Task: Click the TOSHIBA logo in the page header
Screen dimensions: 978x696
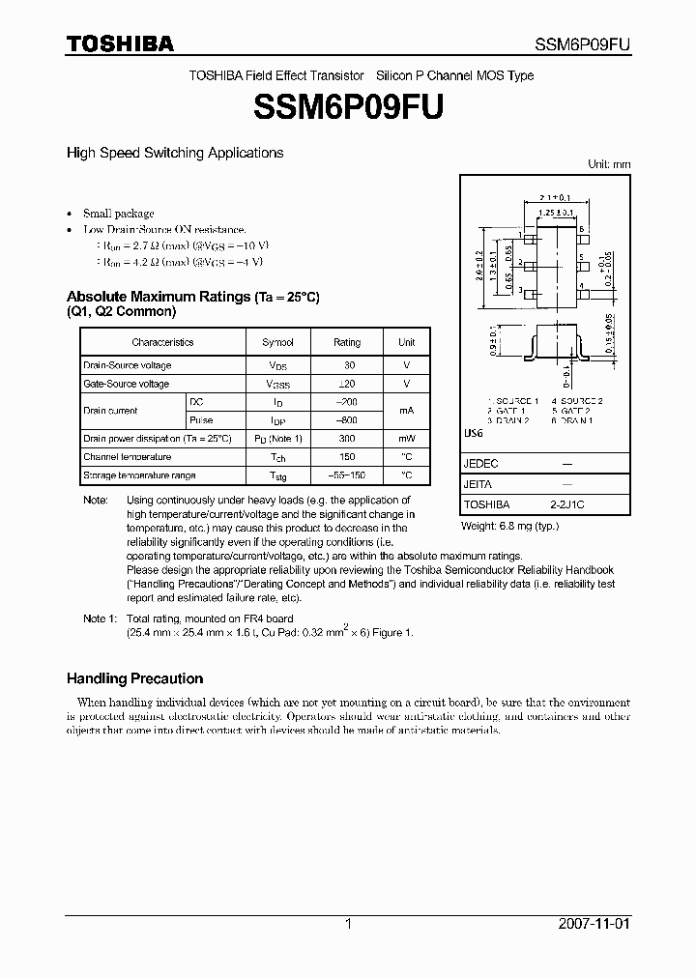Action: (x=120, y=43)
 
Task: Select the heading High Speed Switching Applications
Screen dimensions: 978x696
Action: (x=174, y=153)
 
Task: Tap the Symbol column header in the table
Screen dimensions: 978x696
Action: (x=277, y=342)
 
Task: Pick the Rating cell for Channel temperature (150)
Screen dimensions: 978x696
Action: (x=346, y=457)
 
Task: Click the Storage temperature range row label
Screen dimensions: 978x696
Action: (x=139, y=475)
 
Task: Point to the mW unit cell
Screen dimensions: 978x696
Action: (x=406, y=439)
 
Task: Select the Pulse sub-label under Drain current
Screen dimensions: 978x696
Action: (x=201, y=420)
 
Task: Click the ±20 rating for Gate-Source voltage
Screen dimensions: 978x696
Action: (x=346, y=384)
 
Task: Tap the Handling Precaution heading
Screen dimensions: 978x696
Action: (x=134, y=678)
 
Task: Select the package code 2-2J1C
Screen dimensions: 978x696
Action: (x=566, y=504)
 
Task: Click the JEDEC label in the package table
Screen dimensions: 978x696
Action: (x=479, y=464)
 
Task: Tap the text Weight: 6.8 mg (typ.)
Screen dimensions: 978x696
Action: (x=509, y=526)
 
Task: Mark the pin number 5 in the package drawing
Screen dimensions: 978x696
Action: (x=582, y=258)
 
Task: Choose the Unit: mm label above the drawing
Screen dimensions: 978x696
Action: (x=609, y=164)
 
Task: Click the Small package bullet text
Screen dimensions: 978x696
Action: (x=118, y=213)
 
